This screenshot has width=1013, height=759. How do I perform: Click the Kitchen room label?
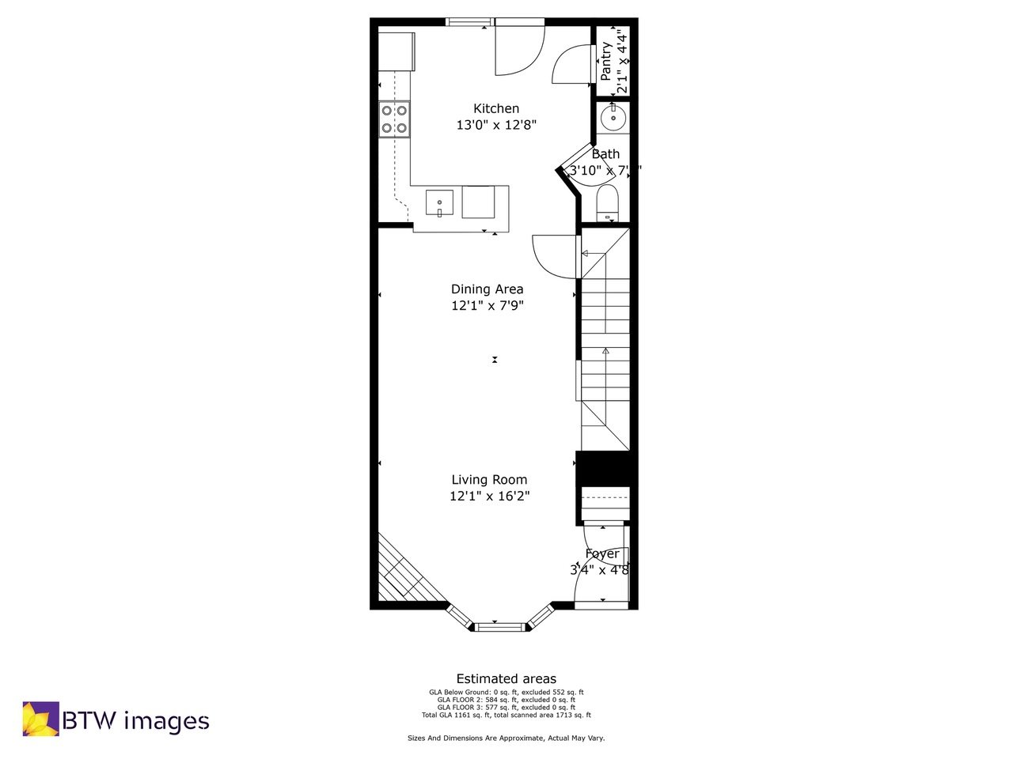point(496,109)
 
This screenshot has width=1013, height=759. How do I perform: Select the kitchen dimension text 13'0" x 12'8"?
point(496,125)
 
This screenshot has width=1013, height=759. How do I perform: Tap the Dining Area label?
point(487,289)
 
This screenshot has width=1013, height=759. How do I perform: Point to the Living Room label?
point(489,480)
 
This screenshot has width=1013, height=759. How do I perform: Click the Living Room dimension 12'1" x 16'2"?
point(489,497)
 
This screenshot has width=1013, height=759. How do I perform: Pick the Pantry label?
point(606,61)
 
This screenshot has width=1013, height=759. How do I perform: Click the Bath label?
point(606,154)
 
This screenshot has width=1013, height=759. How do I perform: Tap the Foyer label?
point(602,553)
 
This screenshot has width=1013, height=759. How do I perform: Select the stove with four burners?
point(394,119)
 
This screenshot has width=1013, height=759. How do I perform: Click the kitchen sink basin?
point(439,202)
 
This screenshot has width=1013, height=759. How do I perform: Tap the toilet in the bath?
point(607,201)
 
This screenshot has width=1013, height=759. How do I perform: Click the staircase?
point(605,340)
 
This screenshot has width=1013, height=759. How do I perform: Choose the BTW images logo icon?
point(40,719)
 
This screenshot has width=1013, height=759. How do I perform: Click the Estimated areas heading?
point(506,679)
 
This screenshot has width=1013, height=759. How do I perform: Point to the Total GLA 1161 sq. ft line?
point(506,715)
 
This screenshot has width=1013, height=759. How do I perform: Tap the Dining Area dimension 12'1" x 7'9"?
point(487,306)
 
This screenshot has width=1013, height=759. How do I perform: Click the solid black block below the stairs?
point(606,467)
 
